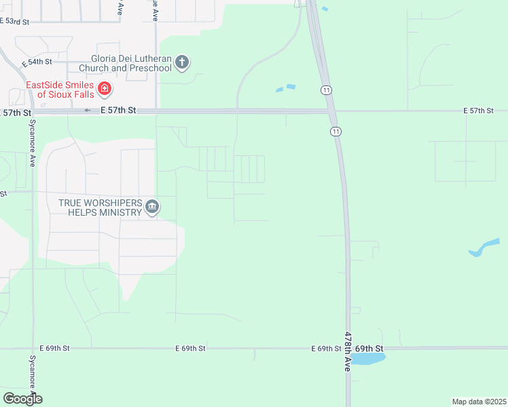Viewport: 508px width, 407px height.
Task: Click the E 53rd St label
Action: coord(14,22)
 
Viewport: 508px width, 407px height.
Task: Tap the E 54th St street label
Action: coord(37,62)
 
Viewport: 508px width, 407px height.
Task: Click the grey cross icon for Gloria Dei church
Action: coord(181,63)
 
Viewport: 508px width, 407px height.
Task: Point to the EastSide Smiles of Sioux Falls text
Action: coord(59,90)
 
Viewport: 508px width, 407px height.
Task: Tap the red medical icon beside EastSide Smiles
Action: coord(104,88)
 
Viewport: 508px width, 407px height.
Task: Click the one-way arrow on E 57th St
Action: coord(87,110)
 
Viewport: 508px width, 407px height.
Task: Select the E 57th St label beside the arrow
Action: coord(118,110)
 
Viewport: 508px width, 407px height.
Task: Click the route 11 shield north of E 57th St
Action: coord(327,90)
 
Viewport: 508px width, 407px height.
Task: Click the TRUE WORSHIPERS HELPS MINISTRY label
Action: coord(100,208)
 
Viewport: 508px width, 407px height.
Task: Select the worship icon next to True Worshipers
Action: coord(152,207)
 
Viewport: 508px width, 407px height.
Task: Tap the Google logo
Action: coord(22,399)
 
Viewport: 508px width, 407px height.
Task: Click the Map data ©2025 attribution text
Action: coord(479,402)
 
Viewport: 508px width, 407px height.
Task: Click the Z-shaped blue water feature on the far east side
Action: coord(484,247)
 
